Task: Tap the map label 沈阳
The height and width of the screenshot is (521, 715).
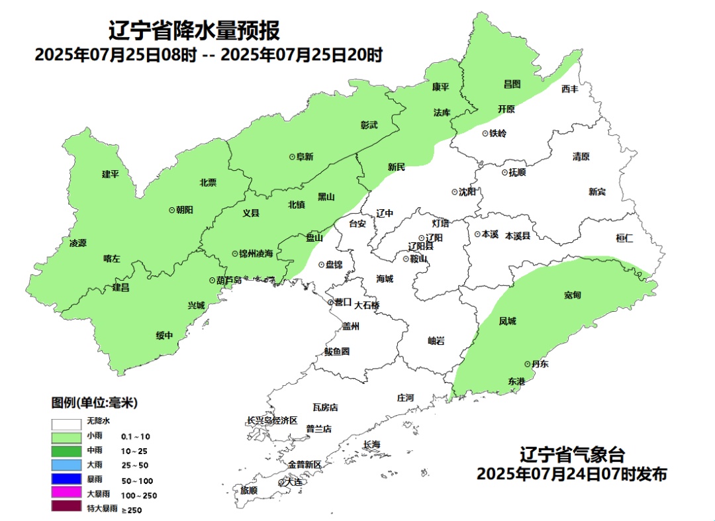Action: (467, 192)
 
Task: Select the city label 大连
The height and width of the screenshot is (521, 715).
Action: (292, 483)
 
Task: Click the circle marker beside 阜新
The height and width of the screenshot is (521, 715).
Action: (292, 157)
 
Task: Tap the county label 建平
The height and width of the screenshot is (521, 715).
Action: (111, 174)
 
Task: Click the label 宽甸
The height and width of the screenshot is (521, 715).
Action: (573, 295)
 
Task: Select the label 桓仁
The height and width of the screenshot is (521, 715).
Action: (624, 238)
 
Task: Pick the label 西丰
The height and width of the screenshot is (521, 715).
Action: (569, 89)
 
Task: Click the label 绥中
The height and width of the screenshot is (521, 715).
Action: (164, 335)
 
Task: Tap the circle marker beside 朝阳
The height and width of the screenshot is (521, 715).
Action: (172, 209)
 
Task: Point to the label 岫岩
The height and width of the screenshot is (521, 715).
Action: (436, 340)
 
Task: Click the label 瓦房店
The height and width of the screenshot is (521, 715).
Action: (325, 407)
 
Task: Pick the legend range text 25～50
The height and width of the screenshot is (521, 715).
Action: (135, 465)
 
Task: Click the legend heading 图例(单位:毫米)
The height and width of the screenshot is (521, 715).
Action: (94, 403)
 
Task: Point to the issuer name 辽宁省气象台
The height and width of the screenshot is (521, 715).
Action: (572, 455)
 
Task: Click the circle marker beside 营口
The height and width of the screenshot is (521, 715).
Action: (331, 302)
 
